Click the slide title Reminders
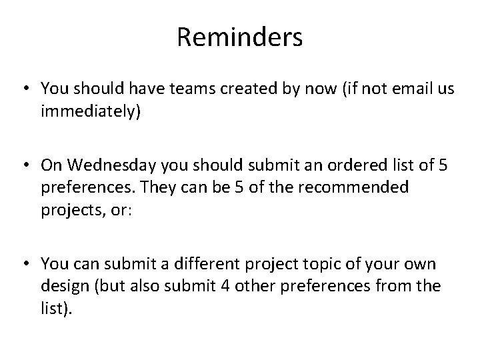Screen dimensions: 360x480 point(239,37)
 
